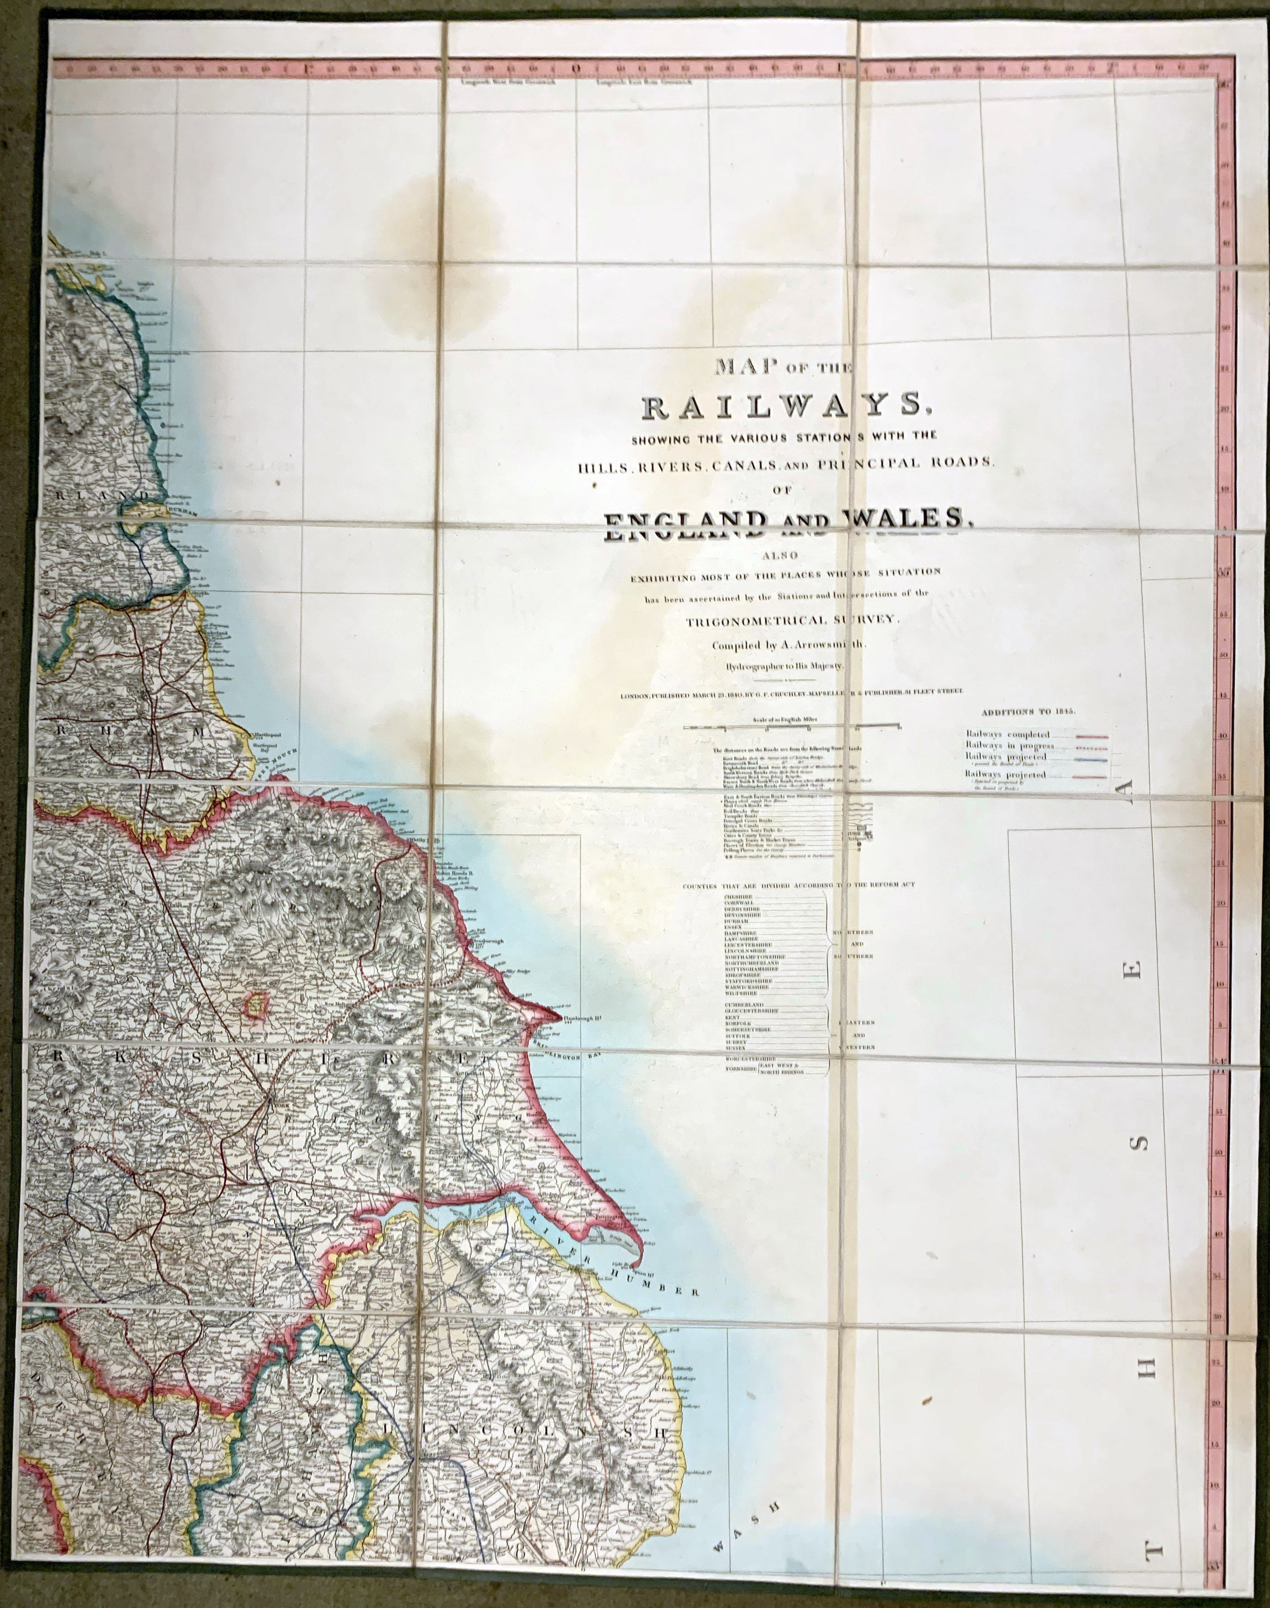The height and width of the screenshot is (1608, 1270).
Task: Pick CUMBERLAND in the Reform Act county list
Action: point(744,1005)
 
